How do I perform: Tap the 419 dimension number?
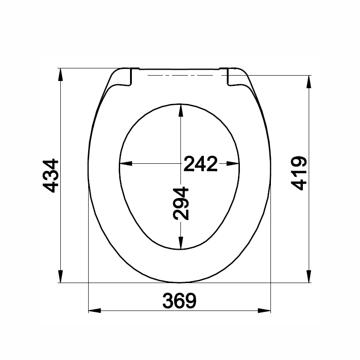tap(298, 174)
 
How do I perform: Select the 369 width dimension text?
tap(179, 301)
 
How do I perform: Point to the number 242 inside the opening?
tap(200, 164)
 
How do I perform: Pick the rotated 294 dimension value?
tap(181, 203)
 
